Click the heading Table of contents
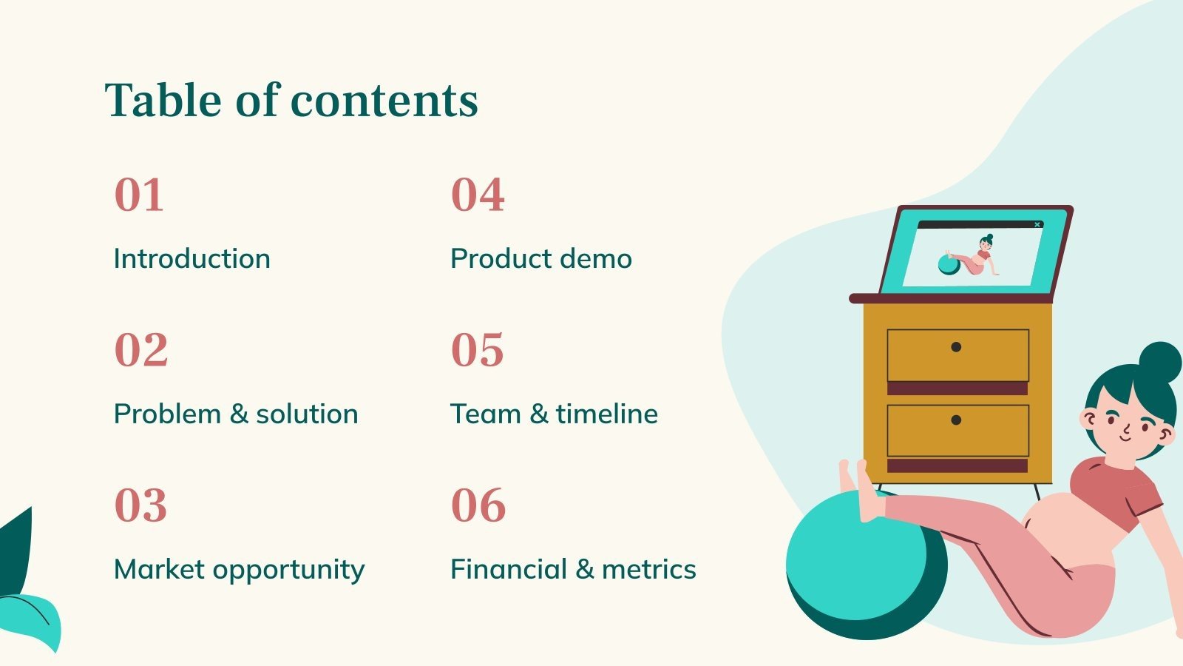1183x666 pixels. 291,101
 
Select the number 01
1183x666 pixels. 139,195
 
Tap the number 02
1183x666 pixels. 141,351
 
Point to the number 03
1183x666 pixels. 140,506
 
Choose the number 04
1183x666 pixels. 478,195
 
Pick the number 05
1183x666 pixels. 478,351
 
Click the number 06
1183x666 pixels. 478,506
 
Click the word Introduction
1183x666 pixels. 192,259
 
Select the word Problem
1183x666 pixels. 167,414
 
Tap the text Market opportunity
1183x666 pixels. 239,570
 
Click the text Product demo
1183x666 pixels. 541,259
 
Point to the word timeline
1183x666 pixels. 606,414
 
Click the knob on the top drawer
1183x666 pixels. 956,347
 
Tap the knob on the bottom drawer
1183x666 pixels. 956,420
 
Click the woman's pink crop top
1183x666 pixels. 1113,488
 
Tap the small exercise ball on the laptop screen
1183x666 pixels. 948,265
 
